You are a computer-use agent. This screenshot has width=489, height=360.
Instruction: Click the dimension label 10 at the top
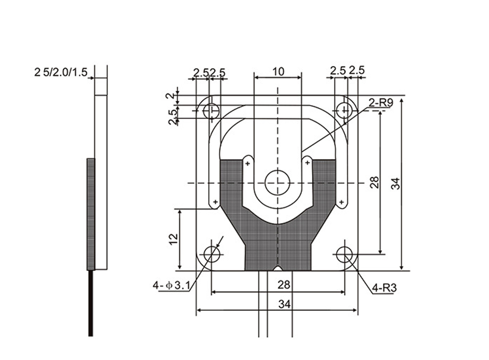[x=279, y=72]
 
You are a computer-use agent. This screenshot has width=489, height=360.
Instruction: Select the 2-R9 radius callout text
[x=381, y=102]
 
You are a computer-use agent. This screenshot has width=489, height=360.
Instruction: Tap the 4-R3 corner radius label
[x=385, y=288]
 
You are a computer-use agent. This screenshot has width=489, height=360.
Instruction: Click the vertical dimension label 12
[x=173, y=239]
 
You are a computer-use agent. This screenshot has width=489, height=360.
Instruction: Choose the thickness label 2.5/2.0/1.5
[x=61, y=72]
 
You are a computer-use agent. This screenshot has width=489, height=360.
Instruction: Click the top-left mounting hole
[x=211, y=110]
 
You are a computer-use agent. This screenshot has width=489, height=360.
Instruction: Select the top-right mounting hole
[x=345, y=110]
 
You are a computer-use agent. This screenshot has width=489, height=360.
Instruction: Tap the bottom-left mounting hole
[x=211, y=254]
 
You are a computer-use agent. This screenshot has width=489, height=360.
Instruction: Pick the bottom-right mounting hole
[x=345, y=254]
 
